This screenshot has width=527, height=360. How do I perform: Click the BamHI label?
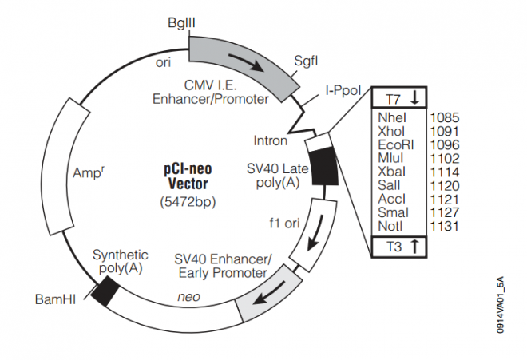pos(54,300)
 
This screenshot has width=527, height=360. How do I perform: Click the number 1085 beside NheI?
pos(444,117)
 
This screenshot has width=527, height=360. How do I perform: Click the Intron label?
pos(271,140)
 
